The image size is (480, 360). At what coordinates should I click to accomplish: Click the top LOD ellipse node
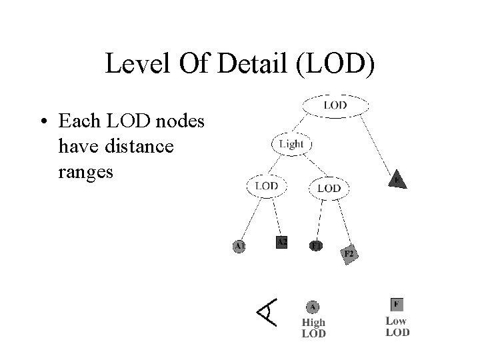tap(335, 105)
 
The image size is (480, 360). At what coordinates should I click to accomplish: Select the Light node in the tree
tap(291, 144)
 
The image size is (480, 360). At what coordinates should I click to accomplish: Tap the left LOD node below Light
tap(267, 186)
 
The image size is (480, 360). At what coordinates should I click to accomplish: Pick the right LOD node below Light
tap(329, 188)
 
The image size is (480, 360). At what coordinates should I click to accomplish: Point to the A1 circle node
tap(239, 246)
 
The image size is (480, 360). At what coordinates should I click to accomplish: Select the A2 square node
tap(281, 241)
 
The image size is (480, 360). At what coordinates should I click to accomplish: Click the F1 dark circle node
tap(316, 245)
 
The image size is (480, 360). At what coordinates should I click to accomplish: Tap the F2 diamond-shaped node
tap(349, 255)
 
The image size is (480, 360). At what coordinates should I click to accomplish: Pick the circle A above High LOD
tap(313, 307)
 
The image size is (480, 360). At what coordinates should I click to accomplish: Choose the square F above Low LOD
tap(397, 304)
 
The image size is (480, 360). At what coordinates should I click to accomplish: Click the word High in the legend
tap(314, 323)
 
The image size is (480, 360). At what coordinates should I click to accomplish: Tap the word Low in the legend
tap(397, 321)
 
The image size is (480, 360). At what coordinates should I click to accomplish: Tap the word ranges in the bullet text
tap(86, 171)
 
